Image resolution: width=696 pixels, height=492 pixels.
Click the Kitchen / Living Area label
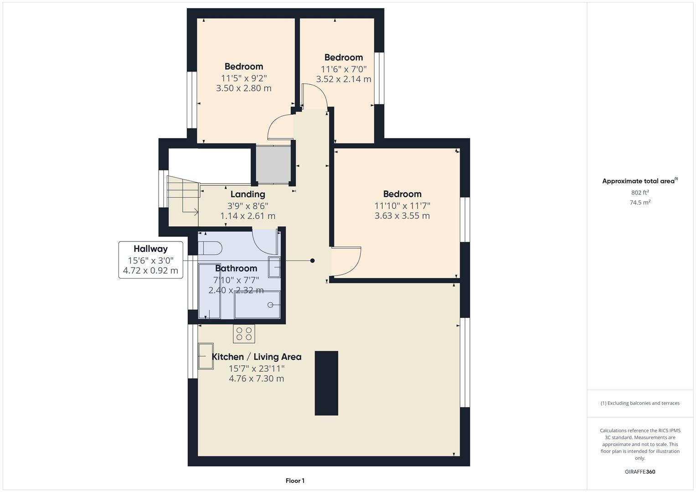tap(256, 357)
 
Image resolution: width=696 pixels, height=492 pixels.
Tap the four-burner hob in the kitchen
tap(244, 334)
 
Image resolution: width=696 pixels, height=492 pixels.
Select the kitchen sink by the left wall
tap(206, 356)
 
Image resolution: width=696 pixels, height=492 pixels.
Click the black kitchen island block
tap(326, 383)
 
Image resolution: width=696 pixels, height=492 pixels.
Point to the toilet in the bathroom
tap(210, 248)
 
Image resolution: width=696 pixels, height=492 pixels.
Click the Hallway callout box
tap(151, 260)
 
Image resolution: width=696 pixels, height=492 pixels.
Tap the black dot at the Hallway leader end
tap(312, 261)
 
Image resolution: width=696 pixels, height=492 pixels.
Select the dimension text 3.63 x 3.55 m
tap(402, 216)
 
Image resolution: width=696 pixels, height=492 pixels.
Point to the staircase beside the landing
tap(183, 196)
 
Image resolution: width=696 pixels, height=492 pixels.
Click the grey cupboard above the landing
tap(273, 164)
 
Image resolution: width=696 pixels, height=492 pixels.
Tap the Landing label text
tap(247, 195)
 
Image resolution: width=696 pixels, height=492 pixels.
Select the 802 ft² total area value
tap(640, 193)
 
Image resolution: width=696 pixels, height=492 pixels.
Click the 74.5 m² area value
tap(640, 203)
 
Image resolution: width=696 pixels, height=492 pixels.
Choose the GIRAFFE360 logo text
tap(640, 472)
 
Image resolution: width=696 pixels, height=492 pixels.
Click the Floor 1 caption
tap(295, 481)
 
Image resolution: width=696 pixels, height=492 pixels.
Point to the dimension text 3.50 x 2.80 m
tap(243, 88)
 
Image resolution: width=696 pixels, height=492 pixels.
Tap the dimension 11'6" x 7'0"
tap(344, 69)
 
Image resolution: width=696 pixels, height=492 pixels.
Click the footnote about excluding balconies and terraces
tap(640, 403)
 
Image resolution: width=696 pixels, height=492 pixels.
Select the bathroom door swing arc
tap(263, 241)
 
